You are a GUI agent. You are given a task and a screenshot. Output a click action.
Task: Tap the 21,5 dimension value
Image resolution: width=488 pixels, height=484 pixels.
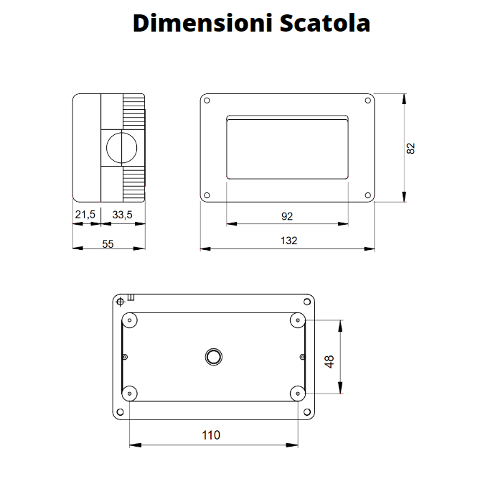click(x=85, y=214)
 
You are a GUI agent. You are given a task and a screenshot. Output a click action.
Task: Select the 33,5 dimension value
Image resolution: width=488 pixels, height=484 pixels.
click(x=121, y=214)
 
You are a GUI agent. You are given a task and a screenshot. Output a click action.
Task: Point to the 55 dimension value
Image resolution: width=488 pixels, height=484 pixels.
click(x=108, y=243)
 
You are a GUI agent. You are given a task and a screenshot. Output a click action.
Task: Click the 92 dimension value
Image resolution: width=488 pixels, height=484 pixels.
click(x=286, y=215)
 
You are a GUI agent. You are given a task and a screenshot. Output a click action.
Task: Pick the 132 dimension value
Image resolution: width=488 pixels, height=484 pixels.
click(x=288, y=241)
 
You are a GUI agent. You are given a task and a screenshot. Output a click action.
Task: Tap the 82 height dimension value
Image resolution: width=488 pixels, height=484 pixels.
click(x=410, y=148)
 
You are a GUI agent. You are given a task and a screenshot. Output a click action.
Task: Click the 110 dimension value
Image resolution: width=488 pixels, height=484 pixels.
click(x=211, y=435)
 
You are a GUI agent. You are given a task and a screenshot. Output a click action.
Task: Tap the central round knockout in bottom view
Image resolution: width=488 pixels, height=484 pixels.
click(x=213, y=356)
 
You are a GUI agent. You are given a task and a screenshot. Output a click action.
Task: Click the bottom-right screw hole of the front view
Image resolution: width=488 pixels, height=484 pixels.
click(x=367, y=195)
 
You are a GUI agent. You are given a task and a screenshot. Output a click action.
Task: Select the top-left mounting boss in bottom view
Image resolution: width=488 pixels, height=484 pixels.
click(x=130, y=320)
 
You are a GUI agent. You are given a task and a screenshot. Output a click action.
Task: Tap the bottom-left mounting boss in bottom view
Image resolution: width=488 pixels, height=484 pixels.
click(x=130, y=393)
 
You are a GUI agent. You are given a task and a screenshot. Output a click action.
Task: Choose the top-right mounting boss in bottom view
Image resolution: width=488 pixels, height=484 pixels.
click(x=298, y=320)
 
